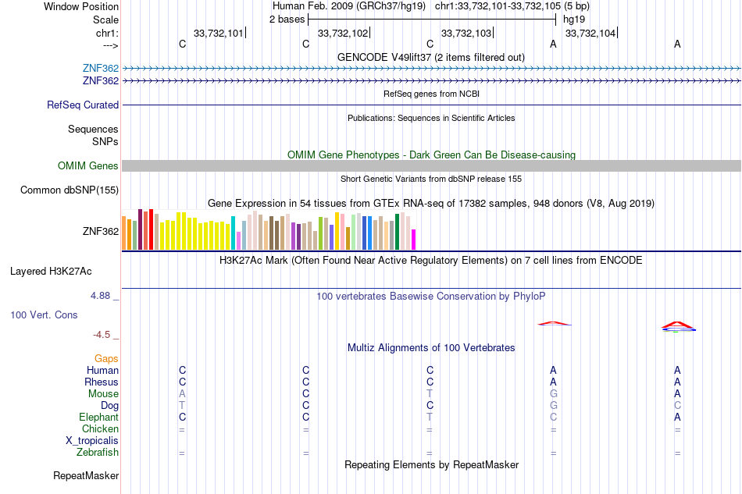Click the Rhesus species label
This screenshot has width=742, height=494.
102,382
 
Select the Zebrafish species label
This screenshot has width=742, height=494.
98,453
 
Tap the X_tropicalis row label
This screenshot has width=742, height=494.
92,441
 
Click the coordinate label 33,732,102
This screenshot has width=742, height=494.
343,33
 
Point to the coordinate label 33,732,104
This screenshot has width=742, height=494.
590,33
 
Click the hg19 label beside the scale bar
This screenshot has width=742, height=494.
574,20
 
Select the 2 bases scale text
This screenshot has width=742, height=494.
287,20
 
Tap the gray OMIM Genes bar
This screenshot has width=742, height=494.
432,166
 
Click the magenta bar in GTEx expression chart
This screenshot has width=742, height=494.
414,240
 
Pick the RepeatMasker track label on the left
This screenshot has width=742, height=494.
86,475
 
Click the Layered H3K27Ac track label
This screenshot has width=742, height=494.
51,272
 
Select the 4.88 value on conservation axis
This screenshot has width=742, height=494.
100,296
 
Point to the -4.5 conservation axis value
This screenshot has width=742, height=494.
102,335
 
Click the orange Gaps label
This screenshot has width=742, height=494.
106,359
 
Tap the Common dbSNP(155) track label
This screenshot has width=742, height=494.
70,190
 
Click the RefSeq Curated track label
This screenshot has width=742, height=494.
83,105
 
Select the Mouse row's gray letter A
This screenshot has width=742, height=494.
182,394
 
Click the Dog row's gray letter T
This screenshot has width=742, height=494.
182,406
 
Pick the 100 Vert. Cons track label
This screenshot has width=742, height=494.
44,315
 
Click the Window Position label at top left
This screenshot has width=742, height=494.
81,6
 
